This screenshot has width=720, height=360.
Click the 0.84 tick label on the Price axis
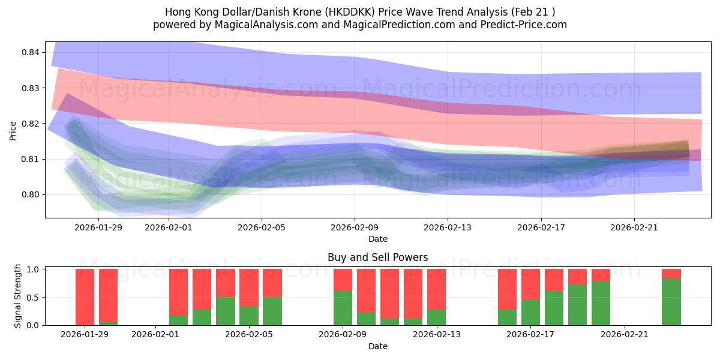click(x=30, y=53)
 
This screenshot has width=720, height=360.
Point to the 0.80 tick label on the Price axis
click(x=30, y=194)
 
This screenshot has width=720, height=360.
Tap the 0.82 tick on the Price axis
click(x=30, y=124)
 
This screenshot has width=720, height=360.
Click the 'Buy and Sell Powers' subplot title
click(x=377, y=257)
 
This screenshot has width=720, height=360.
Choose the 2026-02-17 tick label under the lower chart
click(x=531, y=334)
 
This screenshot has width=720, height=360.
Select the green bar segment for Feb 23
click(x=671, y=302)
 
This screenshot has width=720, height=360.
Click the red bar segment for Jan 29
click(x=85, y=296)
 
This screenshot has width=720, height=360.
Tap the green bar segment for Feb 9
click(x=343, y=308)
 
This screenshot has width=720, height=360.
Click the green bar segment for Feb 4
click(x=248, y=316)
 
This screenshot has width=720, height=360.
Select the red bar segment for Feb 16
click(x=507, y=289)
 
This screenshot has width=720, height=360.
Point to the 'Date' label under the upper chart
click(x=377, y=239)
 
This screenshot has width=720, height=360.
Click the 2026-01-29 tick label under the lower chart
click(x=85, y=334)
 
